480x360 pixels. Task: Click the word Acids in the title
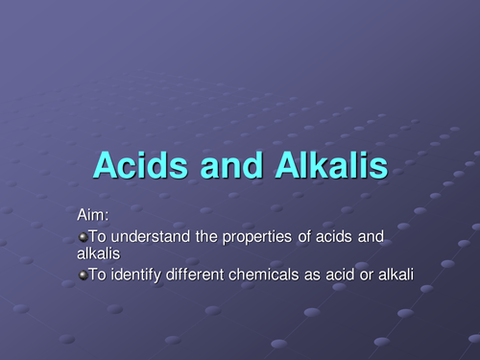coord(142,166)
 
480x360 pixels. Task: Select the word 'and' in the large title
coord(230,166)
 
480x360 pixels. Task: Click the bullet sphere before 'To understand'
coord(82,236)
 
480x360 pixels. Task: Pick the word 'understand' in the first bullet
coord(155,236)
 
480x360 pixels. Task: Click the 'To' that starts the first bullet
coord(98,236)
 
